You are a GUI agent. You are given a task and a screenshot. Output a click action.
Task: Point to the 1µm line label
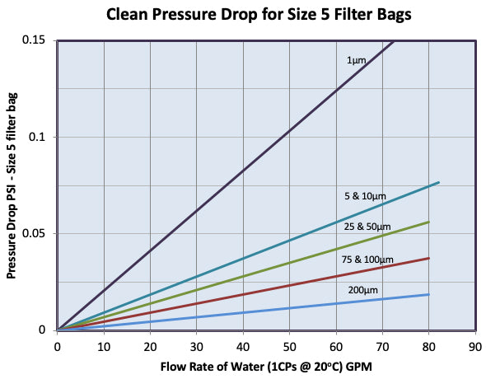click(x=355, y=61)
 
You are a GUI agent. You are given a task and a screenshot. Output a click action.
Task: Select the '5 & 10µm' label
click(x=365, y=196)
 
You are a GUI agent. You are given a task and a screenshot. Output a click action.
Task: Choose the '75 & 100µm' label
click(x=367, y=260)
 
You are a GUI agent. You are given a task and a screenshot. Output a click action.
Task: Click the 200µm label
click(x=363, y=291)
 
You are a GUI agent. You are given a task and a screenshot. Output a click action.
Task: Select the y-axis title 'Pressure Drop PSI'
click(x=13, y=185)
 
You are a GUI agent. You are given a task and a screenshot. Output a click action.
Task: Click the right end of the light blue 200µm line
click(x=428, y=294)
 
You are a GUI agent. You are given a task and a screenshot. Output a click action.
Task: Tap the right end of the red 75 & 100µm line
click(x=428, y=258)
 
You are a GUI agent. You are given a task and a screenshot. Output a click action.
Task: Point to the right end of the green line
click(x=428, y=222)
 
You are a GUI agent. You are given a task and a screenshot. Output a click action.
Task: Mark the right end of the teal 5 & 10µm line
click(x=438, y=182)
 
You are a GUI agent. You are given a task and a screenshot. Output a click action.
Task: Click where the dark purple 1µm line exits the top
click(x=394, y=41)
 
